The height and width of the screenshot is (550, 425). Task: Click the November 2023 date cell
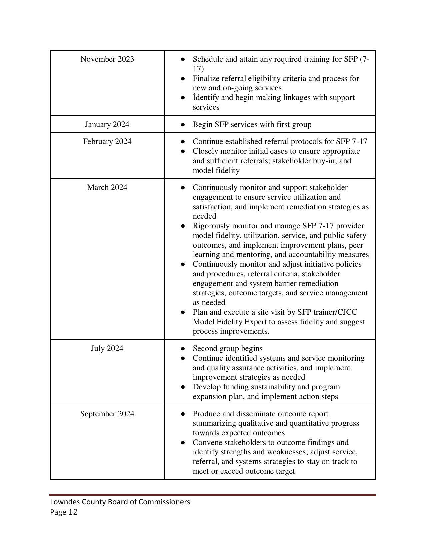click(x=107, y=59)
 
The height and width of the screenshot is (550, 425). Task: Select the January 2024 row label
click(x=107, y=125)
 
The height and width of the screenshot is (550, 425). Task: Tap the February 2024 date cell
click(x=107, y=142)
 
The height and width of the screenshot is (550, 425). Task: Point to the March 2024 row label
click(x=107, y=188)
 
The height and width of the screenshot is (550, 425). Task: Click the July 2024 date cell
click(x=107, y=349)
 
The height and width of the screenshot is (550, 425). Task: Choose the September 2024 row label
click(x=107, y=414)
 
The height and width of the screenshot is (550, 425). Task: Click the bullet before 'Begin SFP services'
click(x=183, y=125)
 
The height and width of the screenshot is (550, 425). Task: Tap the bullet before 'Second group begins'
click(x=183, y=349)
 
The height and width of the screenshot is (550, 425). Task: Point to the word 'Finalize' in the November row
click(x=206, y=79)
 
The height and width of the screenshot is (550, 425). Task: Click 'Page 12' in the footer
click(x=64, y=512)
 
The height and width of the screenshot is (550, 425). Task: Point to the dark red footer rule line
click(x=212, y=495)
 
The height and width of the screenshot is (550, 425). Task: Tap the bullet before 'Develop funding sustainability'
click(x=183, y=387)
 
